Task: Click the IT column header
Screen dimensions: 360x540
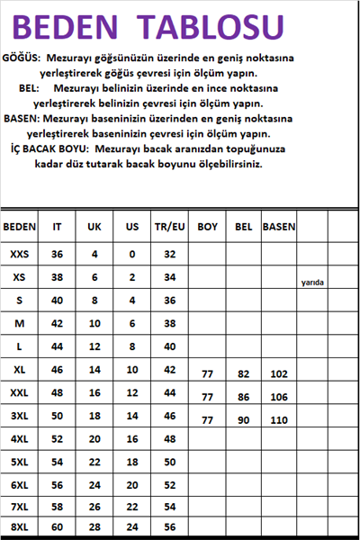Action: [58, 227]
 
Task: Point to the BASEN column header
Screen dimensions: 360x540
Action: [279, 227]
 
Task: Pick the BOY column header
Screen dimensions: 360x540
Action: [208, 227]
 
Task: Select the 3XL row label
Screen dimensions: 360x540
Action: [20, 416]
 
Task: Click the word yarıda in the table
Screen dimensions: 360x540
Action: [312, 283]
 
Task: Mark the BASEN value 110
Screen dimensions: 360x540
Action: [279, 419]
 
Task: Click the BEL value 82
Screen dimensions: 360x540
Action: [243, 373]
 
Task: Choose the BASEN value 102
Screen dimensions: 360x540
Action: [279, 373]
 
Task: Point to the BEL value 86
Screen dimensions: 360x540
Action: [243, 397]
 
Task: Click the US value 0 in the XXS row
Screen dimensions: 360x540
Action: [132, 255]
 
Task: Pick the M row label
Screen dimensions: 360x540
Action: [20, 323]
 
